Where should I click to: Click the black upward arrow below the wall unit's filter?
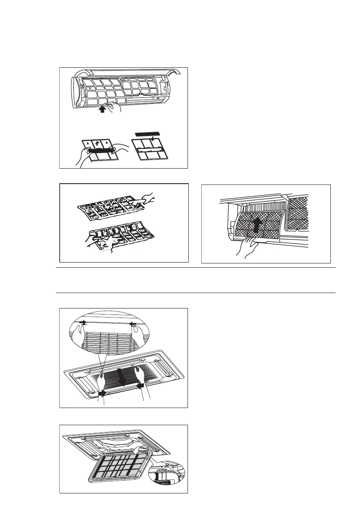click(x=102, y=110)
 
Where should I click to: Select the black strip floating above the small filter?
click(x=146, y=134)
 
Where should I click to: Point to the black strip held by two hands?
click(x=102, y=150)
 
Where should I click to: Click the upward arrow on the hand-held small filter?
click(x=102, y=143)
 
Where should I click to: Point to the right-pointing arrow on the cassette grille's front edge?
click(x=103, y=393)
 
